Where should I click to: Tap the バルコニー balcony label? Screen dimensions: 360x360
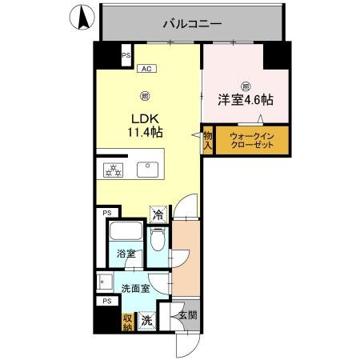click(x=192, y=24)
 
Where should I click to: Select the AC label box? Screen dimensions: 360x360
click(x=146, y=69)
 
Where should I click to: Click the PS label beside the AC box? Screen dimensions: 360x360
click(x=126, y=55)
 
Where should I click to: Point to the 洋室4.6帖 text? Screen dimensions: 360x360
click(x=246, y=101)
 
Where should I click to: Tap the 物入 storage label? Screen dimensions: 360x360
click(x=207, y=142)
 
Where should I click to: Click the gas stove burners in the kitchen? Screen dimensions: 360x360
click(x=111, y=170)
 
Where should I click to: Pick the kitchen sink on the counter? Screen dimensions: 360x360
click(x=147, y=169)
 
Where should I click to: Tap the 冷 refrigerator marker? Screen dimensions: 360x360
click(x=158, y=214)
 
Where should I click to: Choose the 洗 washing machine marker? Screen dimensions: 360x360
click(x=146, y=320)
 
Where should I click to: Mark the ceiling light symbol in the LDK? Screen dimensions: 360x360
click(x=145, y=96)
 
